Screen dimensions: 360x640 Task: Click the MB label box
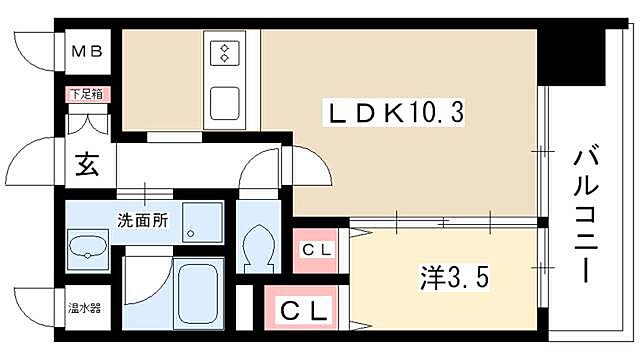point(83,49)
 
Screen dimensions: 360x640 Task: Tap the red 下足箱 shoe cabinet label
point(83,94)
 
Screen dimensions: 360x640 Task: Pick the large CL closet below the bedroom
point(303,311)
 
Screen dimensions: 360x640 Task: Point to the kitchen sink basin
point(222,101)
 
